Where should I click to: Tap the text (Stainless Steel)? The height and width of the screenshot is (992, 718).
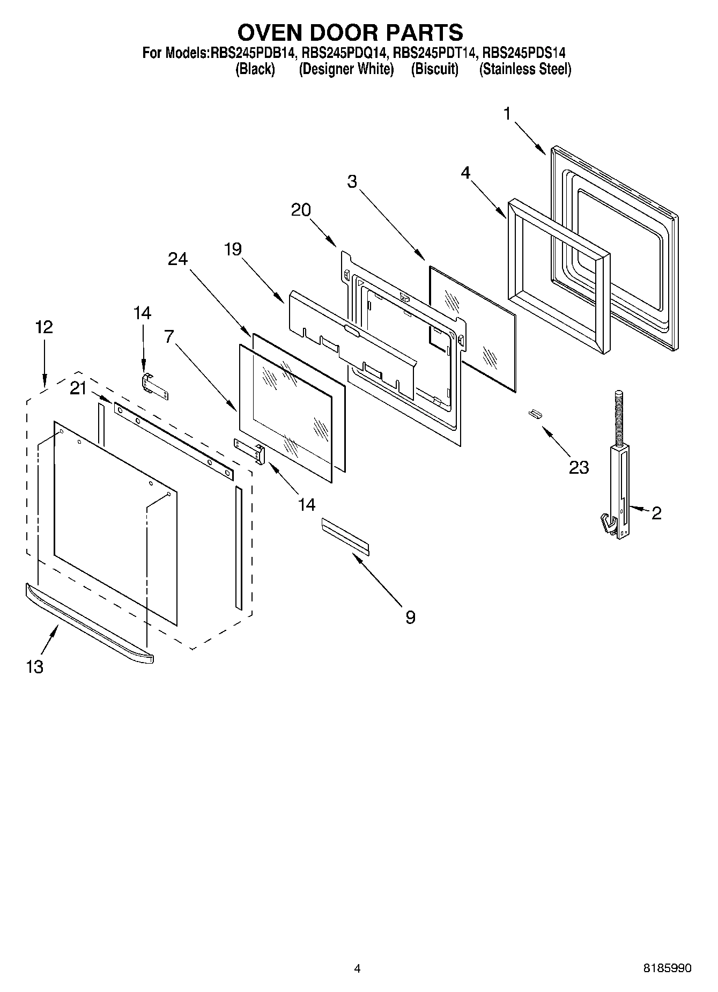[x=525, y=69]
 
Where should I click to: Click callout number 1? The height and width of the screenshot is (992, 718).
[x=507, y=114]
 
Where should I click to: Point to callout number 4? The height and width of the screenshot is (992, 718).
[x=465, y=173]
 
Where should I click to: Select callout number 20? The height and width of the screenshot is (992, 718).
[x=301, y=210]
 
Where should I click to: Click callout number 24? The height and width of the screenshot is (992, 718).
[x=178, y=259]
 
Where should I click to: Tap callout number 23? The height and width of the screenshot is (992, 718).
[x=579, y=467]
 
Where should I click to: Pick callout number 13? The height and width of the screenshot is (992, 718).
[x=34, y=666]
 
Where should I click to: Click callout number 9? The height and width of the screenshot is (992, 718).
[x=410, y=617]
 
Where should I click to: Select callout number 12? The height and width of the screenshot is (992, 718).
[x=44, y=327]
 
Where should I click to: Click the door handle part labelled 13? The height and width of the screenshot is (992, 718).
[x=88, y=622]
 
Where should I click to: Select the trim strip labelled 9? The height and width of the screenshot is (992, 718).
[x=345, y=534]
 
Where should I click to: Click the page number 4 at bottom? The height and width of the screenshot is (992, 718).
[x=357, y=968]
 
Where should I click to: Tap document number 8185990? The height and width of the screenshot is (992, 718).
[x=667, y=968]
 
